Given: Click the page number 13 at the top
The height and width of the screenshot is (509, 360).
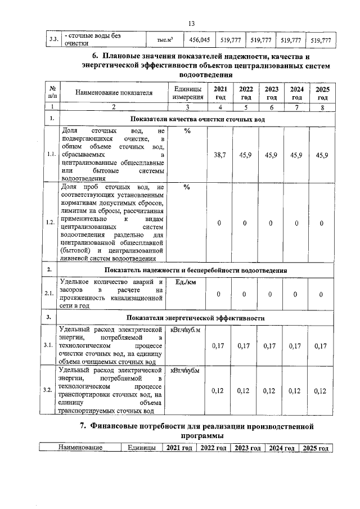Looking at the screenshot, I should pyautogui.click(x=191, y=23).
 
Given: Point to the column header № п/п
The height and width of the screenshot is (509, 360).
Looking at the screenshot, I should pyautogui.click(x=52, y=93).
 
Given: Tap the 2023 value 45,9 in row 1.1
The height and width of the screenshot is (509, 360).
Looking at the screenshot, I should pyautogui.click(x=272, y=155).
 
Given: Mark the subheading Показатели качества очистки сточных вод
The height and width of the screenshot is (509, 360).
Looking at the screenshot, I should pyautogui.click(x=197, y=119).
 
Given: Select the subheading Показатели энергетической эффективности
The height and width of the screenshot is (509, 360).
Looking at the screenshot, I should pyautogui.click(x=197, y=318).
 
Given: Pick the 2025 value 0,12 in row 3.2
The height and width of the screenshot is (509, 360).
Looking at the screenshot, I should pyautogui.click(x=321, y=391).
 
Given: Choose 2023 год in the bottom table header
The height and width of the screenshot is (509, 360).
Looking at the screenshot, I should pyautogui.click(x=246, y=448).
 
